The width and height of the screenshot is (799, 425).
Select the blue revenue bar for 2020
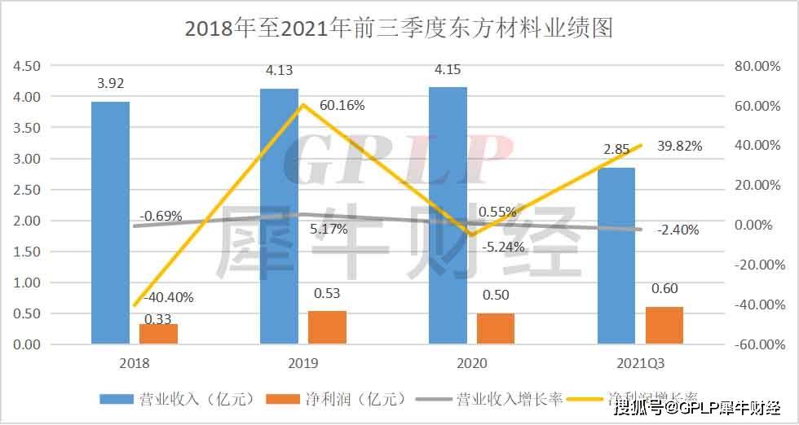pos(448,215)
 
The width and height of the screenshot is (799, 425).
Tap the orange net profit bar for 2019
pos(327,327)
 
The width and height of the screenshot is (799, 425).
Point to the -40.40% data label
pos(169,298)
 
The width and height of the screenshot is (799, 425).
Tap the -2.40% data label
pos(678,230)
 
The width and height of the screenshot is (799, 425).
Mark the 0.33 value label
pos(157,319)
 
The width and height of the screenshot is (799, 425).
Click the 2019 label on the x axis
pos(302,362)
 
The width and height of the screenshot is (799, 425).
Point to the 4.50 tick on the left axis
pos(28,66)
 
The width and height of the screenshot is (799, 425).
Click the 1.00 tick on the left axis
pos(28,283)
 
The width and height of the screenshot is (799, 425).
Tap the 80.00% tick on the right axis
pos(758,66)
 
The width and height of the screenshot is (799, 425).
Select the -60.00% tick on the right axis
pos(757,344)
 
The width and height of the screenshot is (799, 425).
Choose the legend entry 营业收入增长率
pos(489,399)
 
